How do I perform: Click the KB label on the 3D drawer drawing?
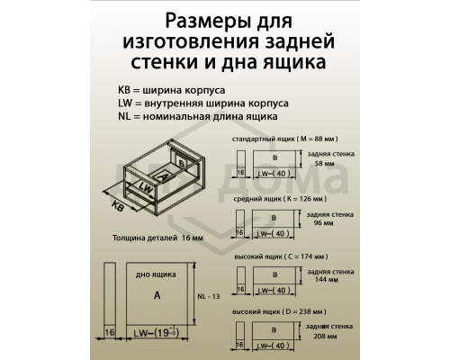pos(118,206)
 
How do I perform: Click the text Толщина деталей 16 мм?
pos(157,239)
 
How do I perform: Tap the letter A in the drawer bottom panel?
pos(157,295)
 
